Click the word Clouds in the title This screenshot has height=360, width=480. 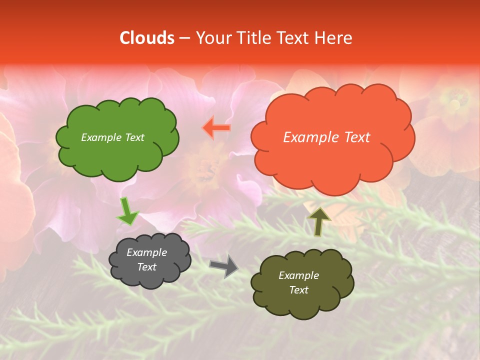(x=147, y=38)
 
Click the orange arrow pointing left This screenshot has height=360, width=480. (x=217, y=128)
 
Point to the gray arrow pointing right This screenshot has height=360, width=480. (x=224, y=265)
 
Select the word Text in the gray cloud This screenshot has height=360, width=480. (x=146, y=267)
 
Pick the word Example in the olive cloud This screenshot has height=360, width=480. (x=298, y=275)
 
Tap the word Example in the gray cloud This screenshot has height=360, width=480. (x=146, y=252)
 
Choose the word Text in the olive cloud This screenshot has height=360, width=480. (x=298, y=290)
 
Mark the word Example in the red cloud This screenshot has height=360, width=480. (x=309, y=137)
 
